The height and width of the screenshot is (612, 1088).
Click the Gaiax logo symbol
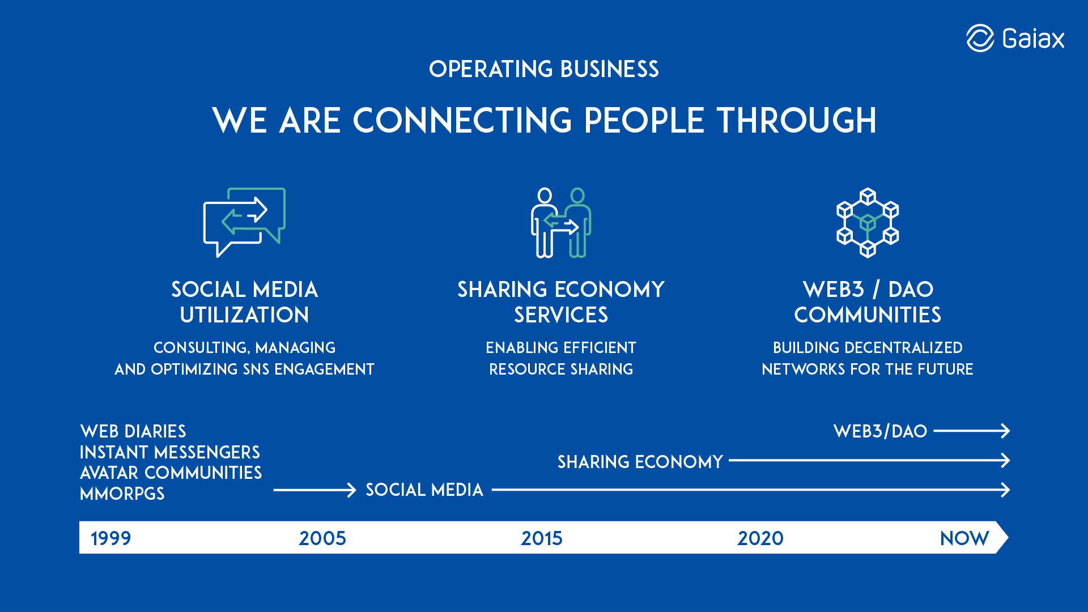tap(980, 38)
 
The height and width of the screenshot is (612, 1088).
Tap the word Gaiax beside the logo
tap(1033, 39)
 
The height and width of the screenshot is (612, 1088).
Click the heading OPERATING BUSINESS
tap(544, 69)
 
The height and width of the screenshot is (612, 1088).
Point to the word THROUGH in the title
tap(797, 120)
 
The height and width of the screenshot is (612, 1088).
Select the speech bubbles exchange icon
tap(244, 222)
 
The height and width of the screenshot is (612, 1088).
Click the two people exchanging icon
tap(561, 222)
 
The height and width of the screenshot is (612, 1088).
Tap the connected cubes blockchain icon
tap(868, 222)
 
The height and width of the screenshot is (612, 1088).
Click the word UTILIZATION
tap(244, 315)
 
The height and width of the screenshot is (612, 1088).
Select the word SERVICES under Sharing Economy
tap(561, 315)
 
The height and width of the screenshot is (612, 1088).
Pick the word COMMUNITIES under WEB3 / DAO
tap(868, 315)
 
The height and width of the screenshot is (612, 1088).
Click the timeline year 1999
tap(111, 538)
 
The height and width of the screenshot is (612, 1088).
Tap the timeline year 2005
tap(322, 538)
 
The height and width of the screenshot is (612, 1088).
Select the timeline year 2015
tap(542, 538)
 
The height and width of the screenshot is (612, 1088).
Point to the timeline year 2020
tap(760, 538)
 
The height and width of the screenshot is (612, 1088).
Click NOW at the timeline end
tap(964, 538)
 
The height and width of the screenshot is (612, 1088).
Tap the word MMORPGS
tap(122, 494)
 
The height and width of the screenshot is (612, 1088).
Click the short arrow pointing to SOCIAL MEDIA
tap(314, 490)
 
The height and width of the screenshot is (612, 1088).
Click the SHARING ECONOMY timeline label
tap(640, 462)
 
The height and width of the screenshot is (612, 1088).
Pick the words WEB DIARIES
tap(133, 431)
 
